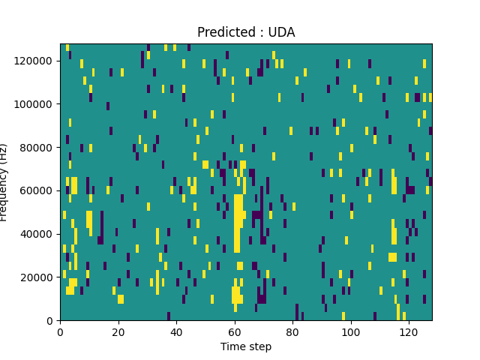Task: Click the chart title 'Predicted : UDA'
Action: coord(246,32)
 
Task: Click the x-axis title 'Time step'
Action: coord(246,346)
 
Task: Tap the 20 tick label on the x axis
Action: coord(118,331)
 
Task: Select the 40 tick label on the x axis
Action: coord(176,331)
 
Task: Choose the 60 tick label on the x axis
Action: coord(234,331)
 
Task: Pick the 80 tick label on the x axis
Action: coord(292,331)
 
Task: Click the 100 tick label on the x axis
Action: coord(350,331)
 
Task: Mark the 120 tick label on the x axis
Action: coord(408,331)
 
